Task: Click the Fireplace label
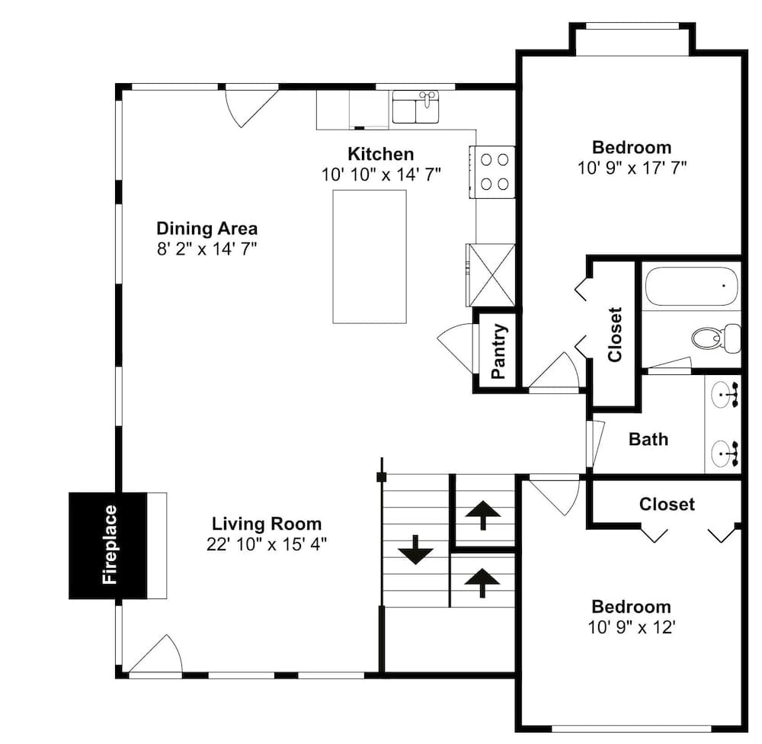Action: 110,544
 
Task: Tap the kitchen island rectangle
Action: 370,256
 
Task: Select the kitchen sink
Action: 415,107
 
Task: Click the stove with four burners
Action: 491,172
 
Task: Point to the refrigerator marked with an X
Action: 491,274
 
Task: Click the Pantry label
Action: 499,351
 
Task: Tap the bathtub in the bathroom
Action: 692,285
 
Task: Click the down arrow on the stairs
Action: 415,550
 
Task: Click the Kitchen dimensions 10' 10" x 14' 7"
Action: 381,175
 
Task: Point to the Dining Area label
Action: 207,228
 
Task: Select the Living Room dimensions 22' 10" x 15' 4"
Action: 266,544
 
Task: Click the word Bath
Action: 648,439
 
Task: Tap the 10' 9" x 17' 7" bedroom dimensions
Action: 632,168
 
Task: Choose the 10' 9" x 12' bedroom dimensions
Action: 632,627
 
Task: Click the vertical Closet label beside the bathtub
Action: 615,335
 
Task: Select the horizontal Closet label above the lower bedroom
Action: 667,505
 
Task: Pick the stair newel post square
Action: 382,477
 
